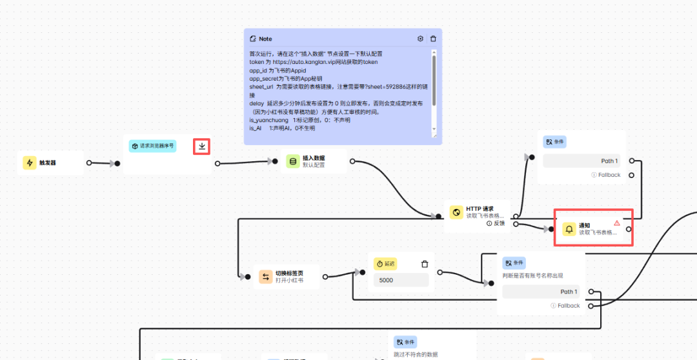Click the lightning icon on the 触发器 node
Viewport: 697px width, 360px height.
point(30,163)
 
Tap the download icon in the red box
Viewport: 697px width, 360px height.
point(202,146)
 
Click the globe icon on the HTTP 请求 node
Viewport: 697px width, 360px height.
point(456,212)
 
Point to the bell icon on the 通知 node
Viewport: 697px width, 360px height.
point(569,229)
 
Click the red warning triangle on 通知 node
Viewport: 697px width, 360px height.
point(616,223)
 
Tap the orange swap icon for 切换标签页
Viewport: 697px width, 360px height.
point(265,277)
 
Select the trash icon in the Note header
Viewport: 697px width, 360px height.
point(433,39)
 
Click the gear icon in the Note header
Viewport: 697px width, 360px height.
point(420,39)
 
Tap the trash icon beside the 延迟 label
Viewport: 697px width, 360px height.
point(425,264)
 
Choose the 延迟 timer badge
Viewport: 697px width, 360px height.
point(386,264)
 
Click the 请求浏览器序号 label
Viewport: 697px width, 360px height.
point(156,146)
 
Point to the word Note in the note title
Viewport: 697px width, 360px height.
point(265,39)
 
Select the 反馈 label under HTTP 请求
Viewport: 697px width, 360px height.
point(499,223)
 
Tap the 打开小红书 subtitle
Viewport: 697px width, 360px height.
point(289,281)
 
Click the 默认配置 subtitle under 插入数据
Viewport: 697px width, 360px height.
point(314,165)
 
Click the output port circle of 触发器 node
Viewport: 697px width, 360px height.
point(89,163)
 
